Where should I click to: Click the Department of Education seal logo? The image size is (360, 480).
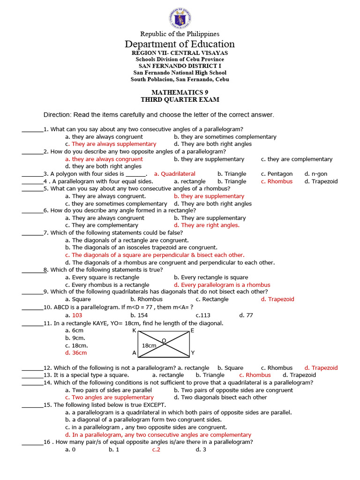tap(180, 18)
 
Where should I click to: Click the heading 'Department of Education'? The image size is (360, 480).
tap(180, 44)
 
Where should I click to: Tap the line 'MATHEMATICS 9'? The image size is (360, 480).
tap(180, 93)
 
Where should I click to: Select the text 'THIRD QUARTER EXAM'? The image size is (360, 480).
tap(180, 100)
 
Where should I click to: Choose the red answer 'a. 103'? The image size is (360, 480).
tap(74, 315)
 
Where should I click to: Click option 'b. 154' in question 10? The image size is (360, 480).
tap(139, 315)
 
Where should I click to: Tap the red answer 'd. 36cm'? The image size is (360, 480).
tap(76, 353)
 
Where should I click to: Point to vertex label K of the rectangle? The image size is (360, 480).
tap(134, 330)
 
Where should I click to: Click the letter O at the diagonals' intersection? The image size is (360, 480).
tap(164, 340)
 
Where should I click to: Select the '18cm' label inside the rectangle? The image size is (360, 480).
tap(149, 346)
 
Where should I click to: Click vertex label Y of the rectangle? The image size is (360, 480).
tap(193, 352)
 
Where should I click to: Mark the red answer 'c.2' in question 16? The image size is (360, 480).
tap(156, 450)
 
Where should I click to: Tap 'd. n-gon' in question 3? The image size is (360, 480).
tap(316, 174)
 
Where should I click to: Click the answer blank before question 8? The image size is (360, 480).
tap(32, 270)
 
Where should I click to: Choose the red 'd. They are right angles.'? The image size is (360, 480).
tap(206, 225)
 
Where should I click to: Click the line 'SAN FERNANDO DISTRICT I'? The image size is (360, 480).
tap(180, 66)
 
